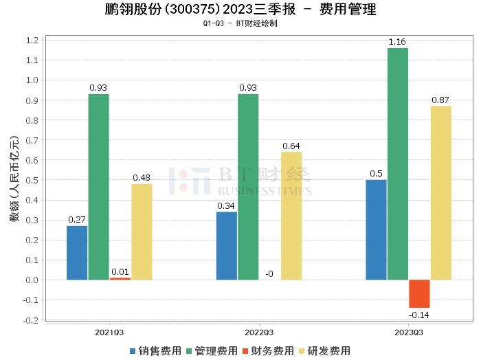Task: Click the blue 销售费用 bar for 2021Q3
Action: [x=77, y=252]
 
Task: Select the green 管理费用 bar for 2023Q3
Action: [x=397, y=164]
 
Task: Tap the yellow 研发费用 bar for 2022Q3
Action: [x=291, y=215]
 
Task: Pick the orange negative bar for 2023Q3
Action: [x=419, y=293]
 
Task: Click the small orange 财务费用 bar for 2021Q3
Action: [x=120, y=278]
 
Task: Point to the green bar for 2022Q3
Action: [x=248, y=186]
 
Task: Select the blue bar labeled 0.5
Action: [x=376, y=229]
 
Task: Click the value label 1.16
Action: [x=397, y=42]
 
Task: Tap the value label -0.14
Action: [x=418, y=315]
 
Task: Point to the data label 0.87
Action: [x=440, y=100]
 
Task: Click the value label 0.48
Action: [x=142, y=178]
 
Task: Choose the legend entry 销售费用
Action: [x=155, y=350]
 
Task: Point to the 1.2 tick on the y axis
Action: [x=34, y=41]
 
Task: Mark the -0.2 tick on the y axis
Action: [x=32, y=320]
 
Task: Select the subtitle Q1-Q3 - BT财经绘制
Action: [x=240, y=23]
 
